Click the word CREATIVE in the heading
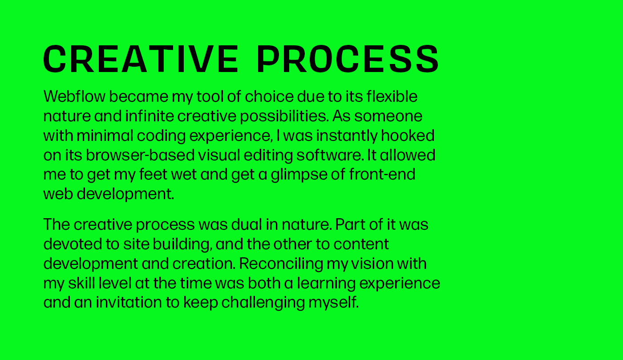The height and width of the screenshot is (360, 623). (141, 59)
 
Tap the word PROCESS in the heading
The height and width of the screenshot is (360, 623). (348, 59)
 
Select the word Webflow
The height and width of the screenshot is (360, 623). (75, 96)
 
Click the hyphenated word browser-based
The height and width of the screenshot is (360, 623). (140, 155)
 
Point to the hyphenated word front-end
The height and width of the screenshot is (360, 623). (382, 174)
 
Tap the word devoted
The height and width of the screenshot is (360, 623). (73, 244)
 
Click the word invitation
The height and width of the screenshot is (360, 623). (129, 302)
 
